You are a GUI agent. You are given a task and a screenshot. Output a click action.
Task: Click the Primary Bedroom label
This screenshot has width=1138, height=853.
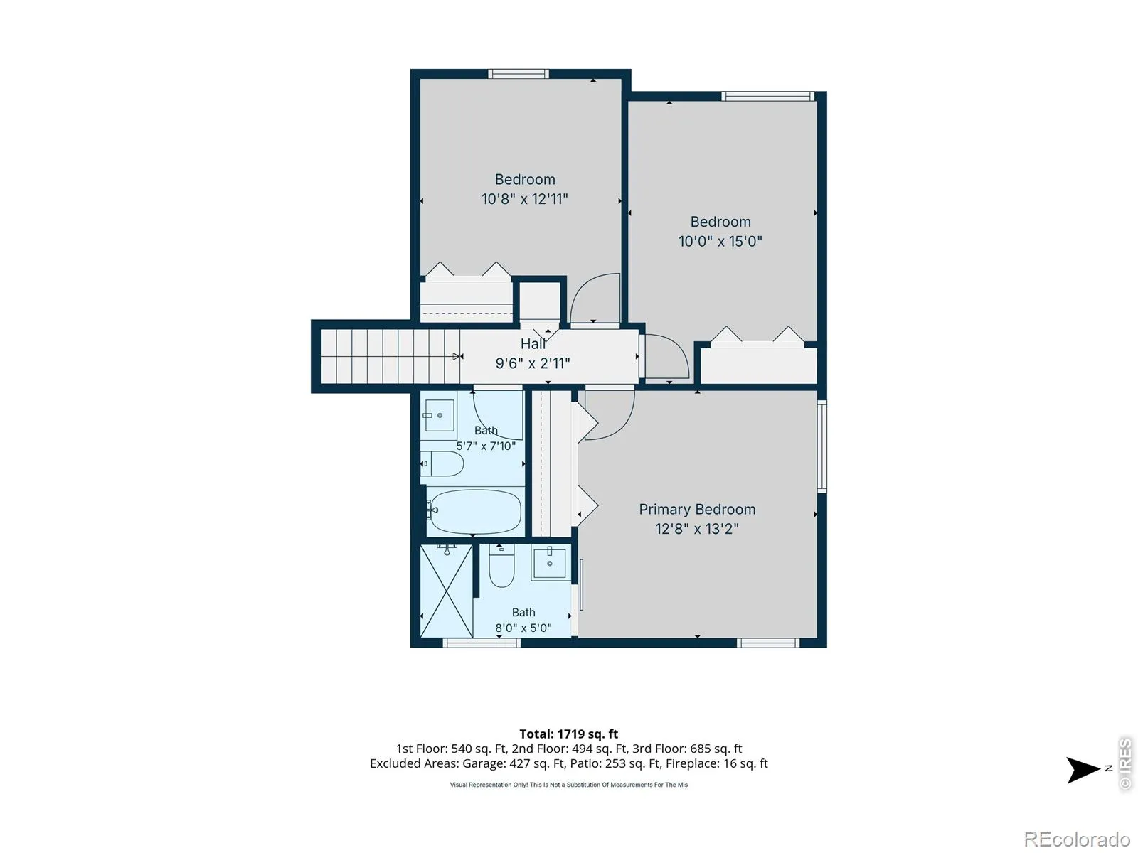[697, 509]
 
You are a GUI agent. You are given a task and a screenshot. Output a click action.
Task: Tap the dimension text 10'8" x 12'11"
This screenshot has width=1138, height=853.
[525, 199]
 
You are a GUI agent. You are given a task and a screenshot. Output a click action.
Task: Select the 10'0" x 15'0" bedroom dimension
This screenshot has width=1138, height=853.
[720, 242]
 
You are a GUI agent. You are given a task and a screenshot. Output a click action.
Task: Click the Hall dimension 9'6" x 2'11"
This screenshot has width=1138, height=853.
[533, 363]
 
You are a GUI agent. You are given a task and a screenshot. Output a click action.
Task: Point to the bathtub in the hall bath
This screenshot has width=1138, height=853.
[474, 512]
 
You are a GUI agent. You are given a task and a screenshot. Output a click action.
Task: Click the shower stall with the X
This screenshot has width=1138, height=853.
[446, 591]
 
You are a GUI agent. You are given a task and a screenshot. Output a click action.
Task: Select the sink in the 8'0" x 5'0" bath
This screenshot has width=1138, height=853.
[549, 562]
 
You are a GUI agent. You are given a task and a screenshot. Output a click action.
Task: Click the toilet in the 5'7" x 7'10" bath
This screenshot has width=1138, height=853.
[442, 463]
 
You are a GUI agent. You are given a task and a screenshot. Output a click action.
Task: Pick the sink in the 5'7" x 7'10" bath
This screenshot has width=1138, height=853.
[440, 415]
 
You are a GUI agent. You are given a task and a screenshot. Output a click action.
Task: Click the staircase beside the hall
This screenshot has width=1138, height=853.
[390, 356]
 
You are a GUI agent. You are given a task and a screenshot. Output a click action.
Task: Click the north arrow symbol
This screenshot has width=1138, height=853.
[1083, 770]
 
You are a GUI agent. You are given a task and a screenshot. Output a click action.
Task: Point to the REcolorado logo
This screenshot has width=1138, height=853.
[1077, 839]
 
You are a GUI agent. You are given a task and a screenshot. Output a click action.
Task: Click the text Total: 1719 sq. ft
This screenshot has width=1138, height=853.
[569, 734]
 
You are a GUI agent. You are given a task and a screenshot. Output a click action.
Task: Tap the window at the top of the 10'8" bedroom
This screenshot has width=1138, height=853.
[518, 73]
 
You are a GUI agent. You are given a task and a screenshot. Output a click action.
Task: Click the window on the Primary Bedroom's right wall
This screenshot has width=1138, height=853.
[821, 446]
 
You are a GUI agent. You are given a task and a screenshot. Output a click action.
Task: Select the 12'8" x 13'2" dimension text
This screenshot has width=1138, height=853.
[697, 529]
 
